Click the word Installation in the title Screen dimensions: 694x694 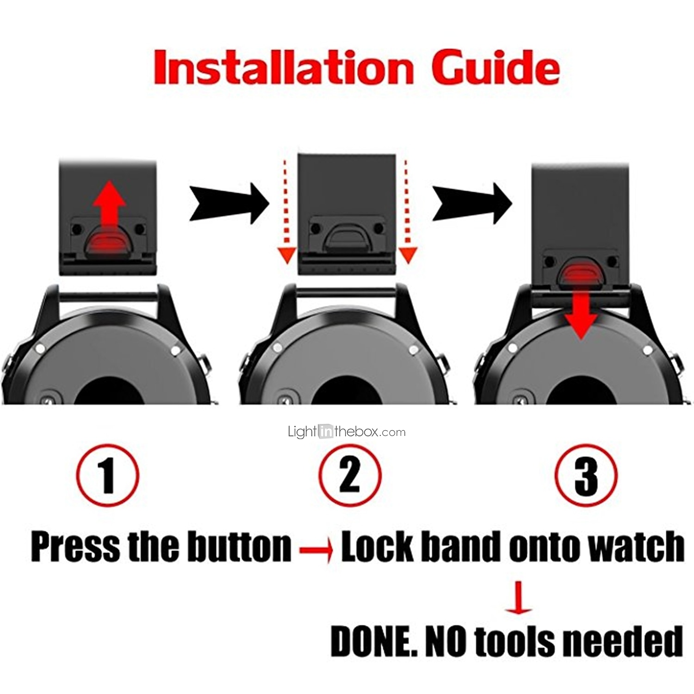point(283,68)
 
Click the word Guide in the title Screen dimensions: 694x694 point(496,68)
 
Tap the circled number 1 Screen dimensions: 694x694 point(108,475)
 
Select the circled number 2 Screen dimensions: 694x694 point(350,475)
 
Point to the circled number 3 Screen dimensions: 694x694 point(586,475)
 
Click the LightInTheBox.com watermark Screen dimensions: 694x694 point(347,432)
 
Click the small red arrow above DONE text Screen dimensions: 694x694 point(519,597)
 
